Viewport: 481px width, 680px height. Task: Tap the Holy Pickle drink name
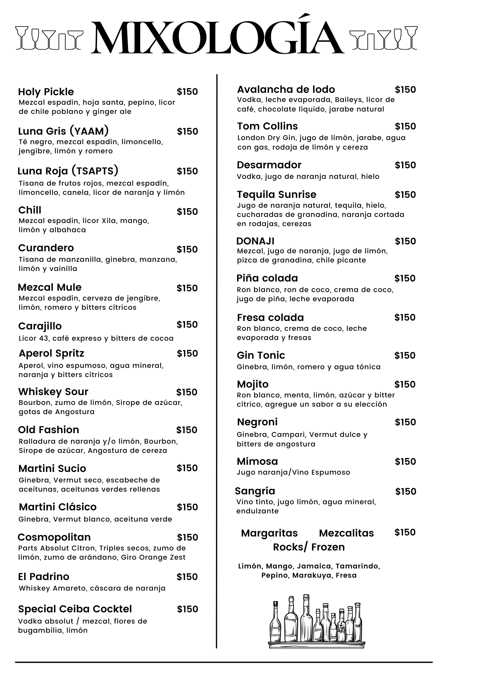coord(46,92)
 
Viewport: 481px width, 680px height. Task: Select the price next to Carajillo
coord(187,325)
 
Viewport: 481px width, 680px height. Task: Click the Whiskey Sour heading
coord(53,392)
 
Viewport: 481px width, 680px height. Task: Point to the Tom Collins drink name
coord(267,126)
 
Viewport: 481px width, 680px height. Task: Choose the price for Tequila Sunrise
coord(405,195)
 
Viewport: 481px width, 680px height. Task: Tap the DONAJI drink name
coord(255,241)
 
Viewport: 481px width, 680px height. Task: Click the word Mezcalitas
coord(346,533)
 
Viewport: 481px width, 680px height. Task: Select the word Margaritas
coord(269,533)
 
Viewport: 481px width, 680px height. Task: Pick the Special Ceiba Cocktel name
coord(75,609)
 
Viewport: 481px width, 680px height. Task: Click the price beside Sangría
coord(405,492)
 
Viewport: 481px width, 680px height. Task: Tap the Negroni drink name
coord(257,422)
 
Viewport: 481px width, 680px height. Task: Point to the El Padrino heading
coord(44,577)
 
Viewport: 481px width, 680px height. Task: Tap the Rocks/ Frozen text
coord(309,547)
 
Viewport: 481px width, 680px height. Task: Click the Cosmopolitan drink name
coord(54,537)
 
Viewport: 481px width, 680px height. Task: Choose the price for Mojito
coord(405,385)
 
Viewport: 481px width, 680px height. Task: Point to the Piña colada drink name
coord(267,278)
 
